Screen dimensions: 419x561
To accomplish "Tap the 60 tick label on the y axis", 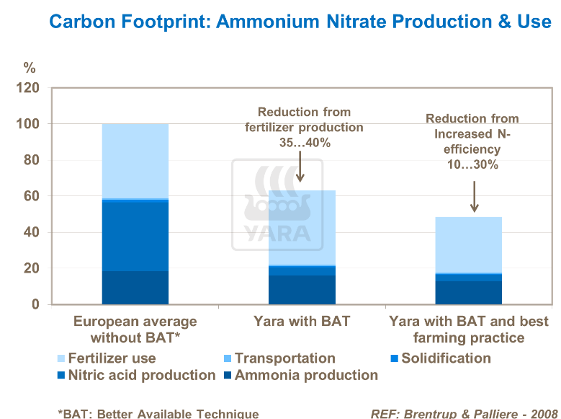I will point(32,196).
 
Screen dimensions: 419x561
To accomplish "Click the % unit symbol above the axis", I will point(29,69).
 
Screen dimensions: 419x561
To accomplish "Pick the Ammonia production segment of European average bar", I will point(135,288).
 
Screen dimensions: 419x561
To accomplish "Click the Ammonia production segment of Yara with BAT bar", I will point(302,290).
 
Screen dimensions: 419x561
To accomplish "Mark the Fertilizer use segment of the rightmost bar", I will point(468,245).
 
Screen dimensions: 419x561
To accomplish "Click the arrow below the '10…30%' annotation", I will point(473,196).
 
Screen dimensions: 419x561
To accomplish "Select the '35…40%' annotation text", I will point(304,143).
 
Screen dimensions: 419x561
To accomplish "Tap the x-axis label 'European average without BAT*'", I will point(135,329).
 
